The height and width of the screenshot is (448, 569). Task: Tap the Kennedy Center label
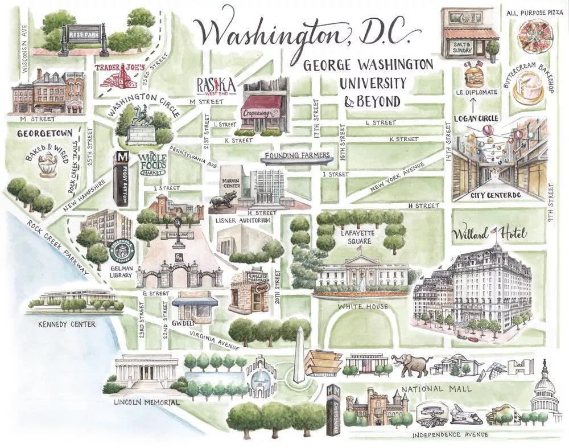67,324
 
